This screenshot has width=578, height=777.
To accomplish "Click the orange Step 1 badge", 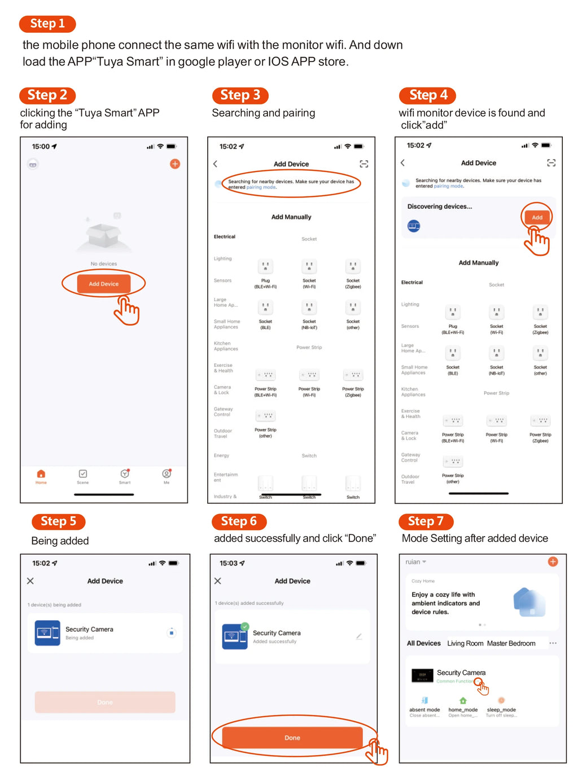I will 47,24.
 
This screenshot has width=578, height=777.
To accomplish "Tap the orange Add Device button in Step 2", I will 103,284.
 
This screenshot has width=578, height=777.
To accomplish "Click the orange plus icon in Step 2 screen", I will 175,164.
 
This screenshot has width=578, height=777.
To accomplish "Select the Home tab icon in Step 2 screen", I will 41,475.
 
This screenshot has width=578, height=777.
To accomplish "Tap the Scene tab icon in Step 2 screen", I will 83,475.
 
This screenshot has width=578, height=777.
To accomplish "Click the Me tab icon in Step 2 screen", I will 167,475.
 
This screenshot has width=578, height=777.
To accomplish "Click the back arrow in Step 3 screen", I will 215,164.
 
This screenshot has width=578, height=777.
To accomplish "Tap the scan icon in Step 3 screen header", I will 364,164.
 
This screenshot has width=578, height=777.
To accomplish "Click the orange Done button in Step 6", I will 292,738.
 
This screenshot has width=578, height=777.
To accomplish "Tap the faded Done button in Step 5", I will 105,702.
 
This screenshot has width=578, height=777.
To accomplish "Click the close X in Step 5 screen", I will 30,581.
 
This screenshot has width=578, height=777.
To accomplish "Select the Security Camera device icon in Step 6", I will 235,636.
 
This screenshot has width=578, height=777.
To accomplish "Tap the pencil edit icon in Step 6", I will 359,636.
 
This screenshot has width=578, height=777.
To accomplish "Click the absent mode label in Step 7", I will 424,710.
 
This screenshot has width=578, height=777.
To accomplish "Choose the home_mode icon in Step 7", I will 463,701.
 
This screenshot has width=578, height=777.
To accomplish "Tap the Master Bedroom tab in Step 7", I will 511,643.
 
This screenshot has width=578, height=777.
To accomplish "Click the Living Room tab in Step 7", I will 465,643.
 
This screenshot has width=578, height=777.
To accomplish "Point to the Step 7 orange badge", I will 426,521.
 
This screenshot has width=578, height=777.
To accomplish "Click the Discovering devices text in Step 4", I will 440,207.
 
